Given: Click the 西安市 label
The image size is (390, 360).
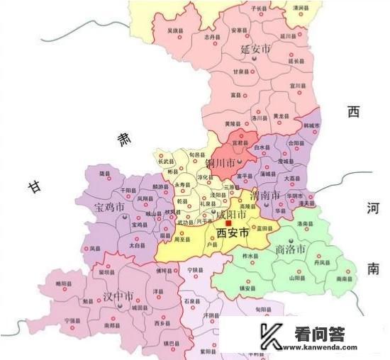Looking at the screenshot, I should point(235,232).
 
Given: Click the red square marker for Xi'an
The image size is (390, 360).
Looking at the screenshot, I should point(228,223).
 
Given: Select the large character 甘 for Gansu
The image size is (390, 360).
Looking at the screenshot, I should point(33,187).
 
